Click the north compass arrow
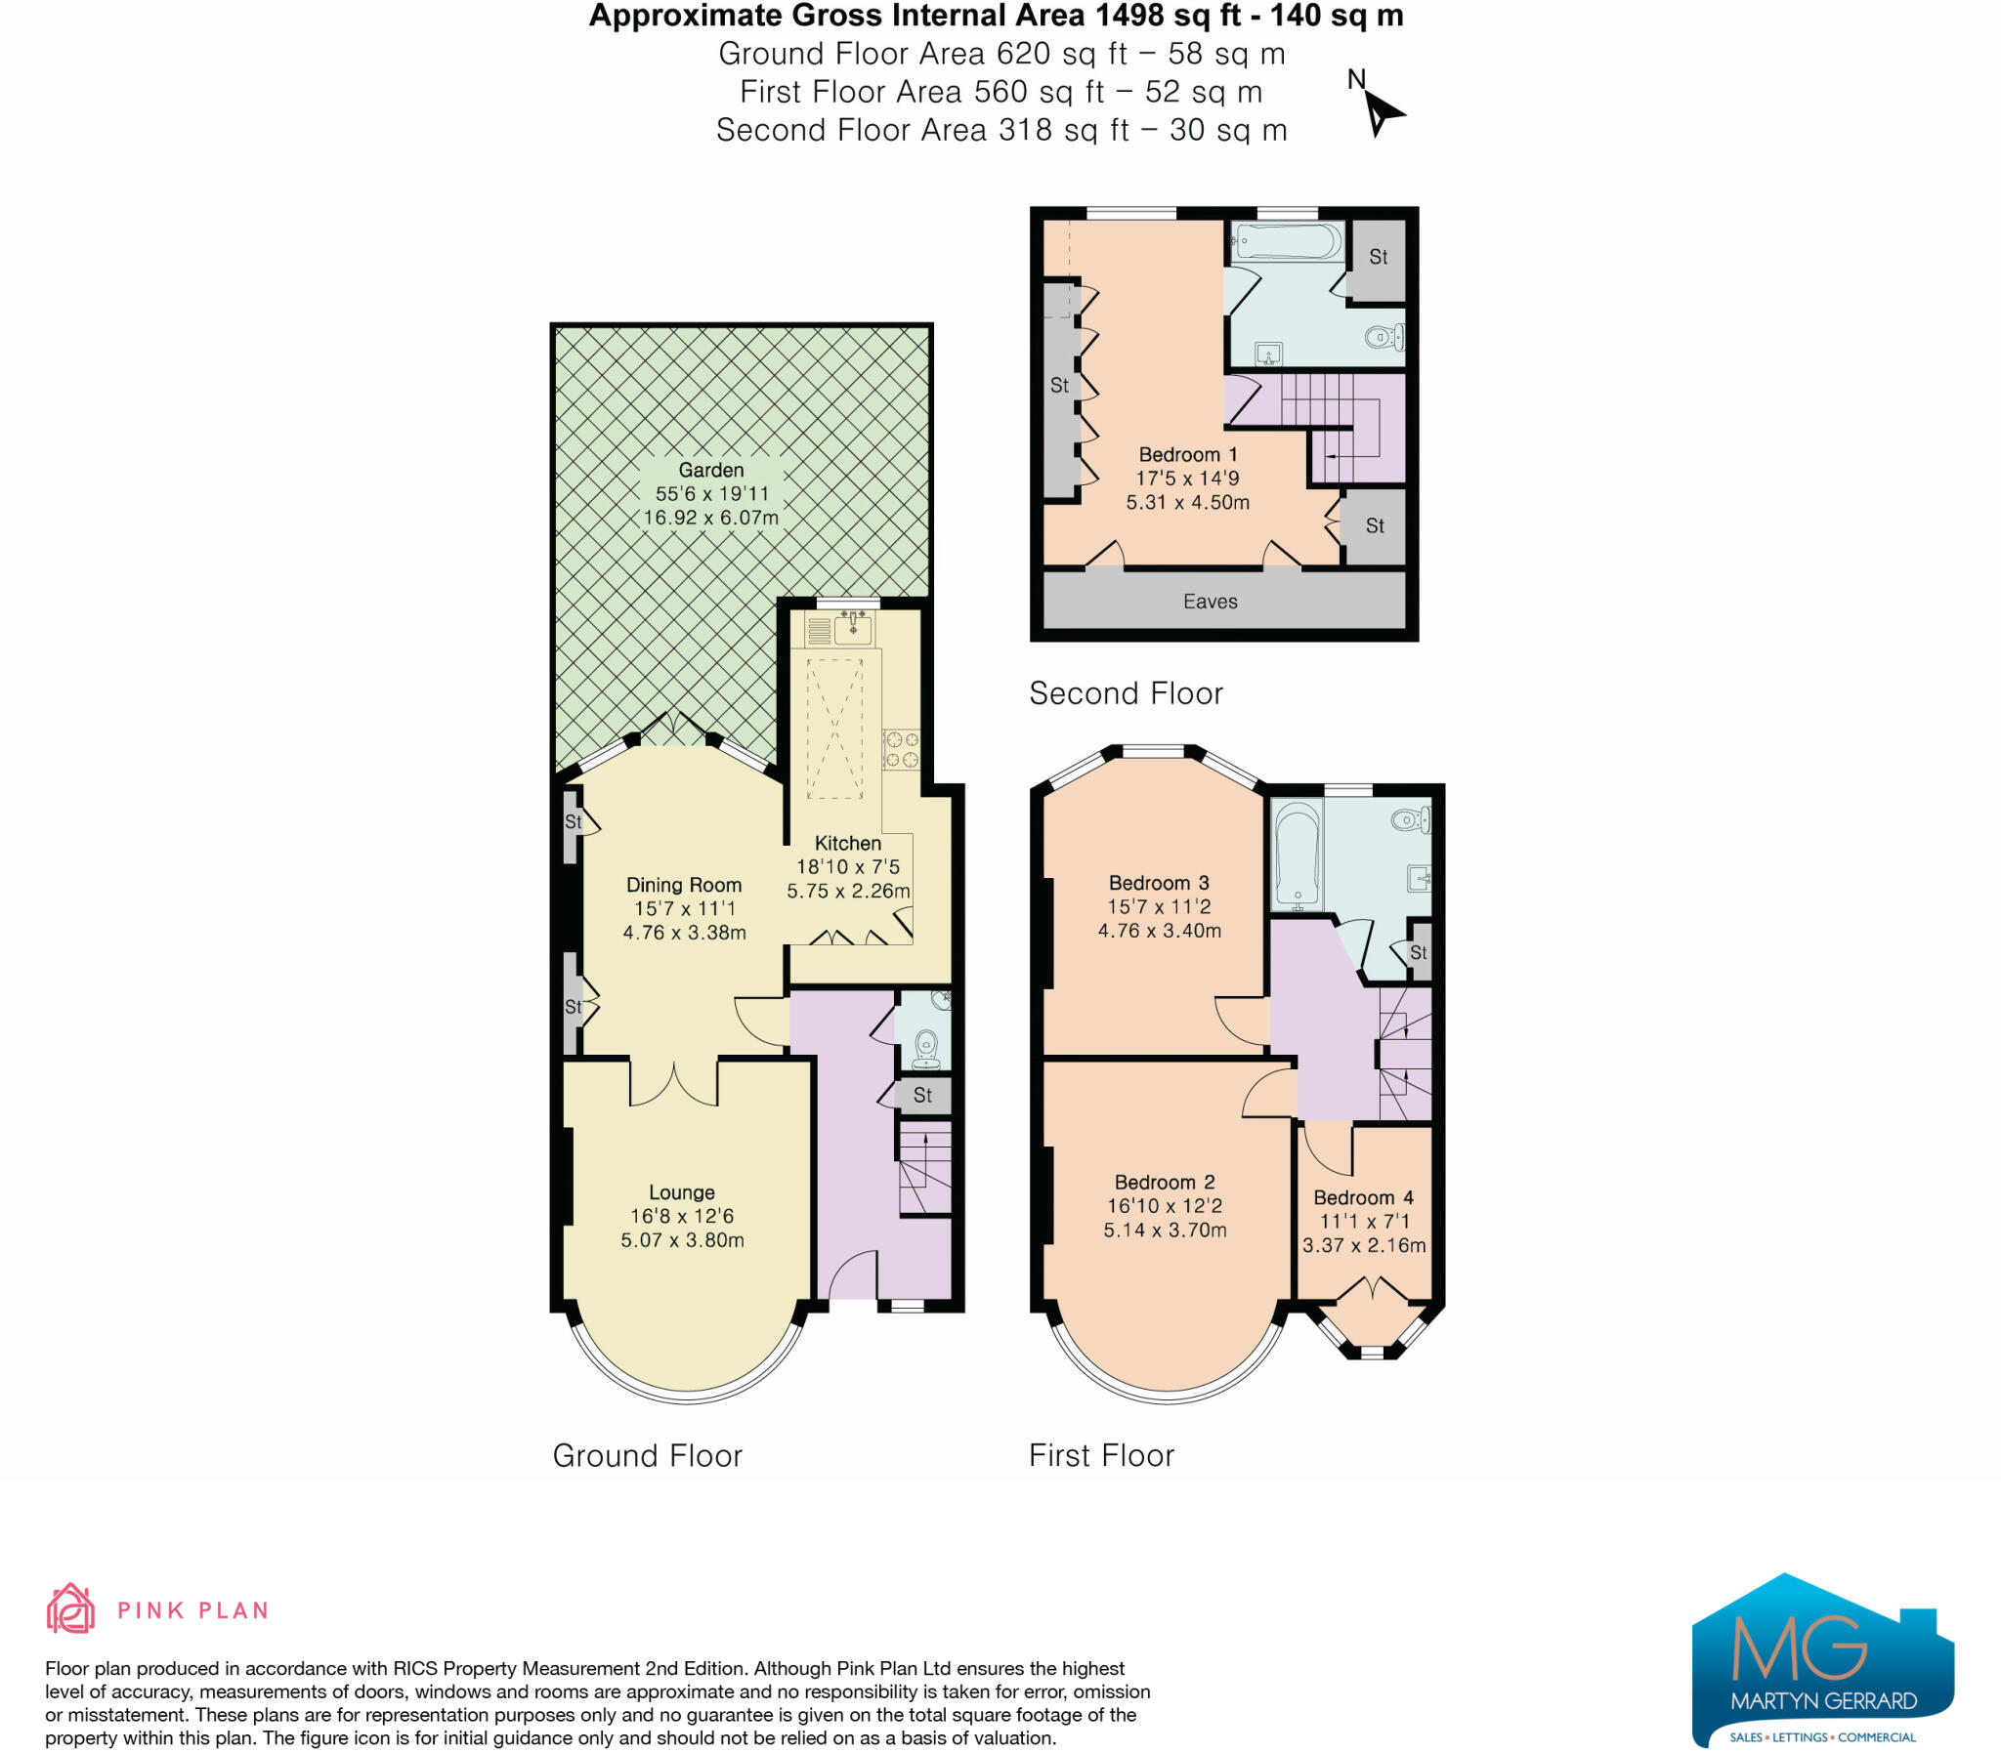pyautogui.click(x=1381, y=113)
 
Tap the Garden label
pyautogui.click(x=711, y=471)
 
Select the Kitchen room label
pyautogui.click(x=847, y=843)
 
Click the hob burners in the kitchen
pyautogui.click(x=901, y=749)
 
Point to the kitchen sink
pyautogui.click(x=852, y=628)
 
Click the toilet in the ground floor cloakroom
pyautogui.click(x=925, y=1050)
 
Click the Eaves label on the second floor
pyautogui.click(x=1211, y=602)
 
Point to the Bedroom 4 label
pyautogui.click(x=1363, y=1198)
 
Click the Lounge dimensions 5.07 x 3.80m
pyautogui.click(x=682, y=1240)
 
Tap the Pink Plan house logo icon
pyautogui.click(x=70, y=1609)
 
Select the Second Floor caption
pyautogui.click(x=1126, y=693)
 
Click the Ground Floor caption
pyautogui.click(x=647, y=1455)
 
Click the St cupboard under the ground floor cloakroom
pyautogui.click(x=922, y=1096)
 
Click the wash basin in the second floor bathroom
pyautogui.click(x=1269, y=354)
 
